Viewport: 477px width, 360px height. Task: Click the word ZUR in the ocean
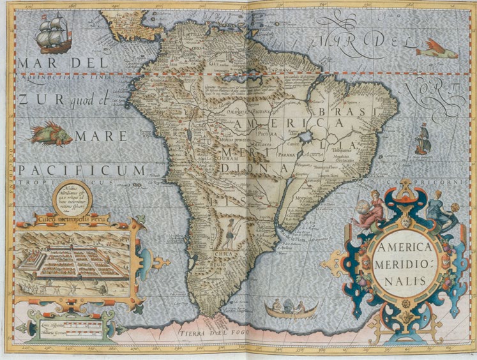[x=32, y=99]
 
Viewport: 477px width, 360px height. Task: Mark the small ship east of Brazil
[x=423, y=139]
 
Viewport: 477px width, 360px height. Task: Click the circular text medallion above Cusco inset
[x=73, y=197]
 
